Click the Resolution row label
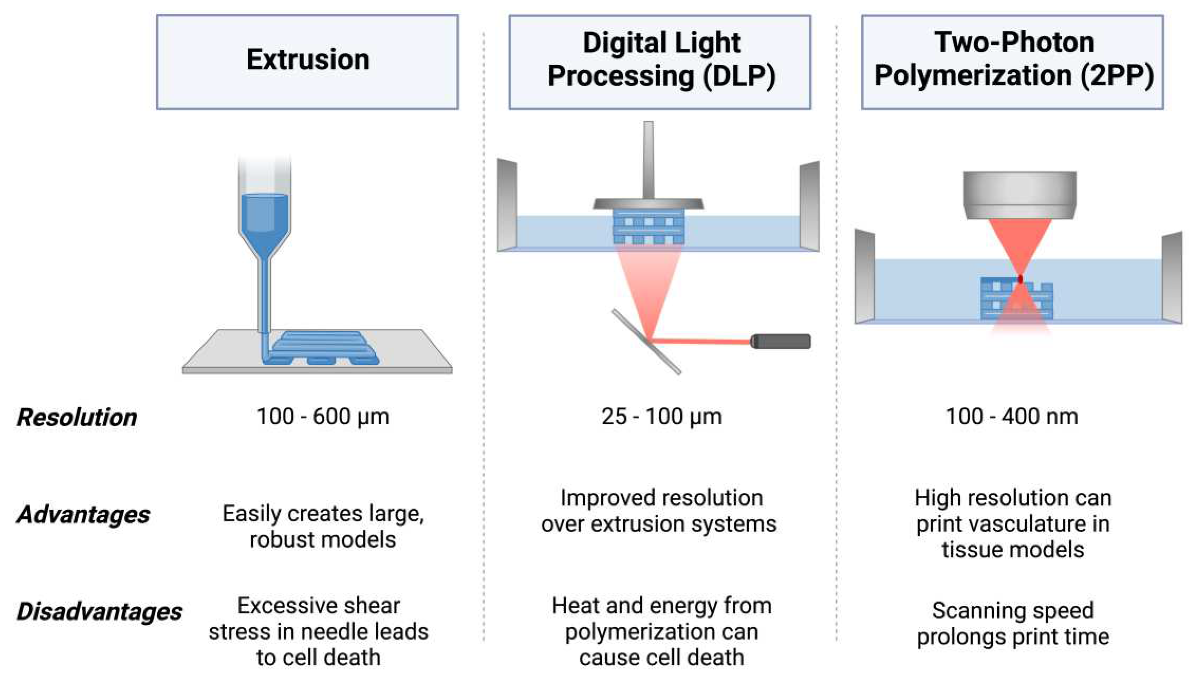click(77, 417)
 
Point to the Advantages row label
click(83, 515)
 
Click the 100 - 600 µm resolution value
click(323, 416)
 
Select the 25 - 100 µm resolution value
click(661, 416)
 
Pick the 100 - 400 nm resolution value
click(1012, 416)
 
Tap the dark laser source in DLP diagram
click(780, 341)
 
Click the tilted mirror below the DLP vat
click(646, 341)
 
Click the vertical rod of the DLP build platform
click(649, 160)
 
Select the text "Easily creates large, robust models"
click(323, 526)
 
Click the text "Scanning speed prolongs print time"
click(1013, 623)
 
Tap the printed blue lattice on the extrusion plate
click(325, 348)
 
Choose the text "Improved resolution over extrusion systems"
click(659, 511)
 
